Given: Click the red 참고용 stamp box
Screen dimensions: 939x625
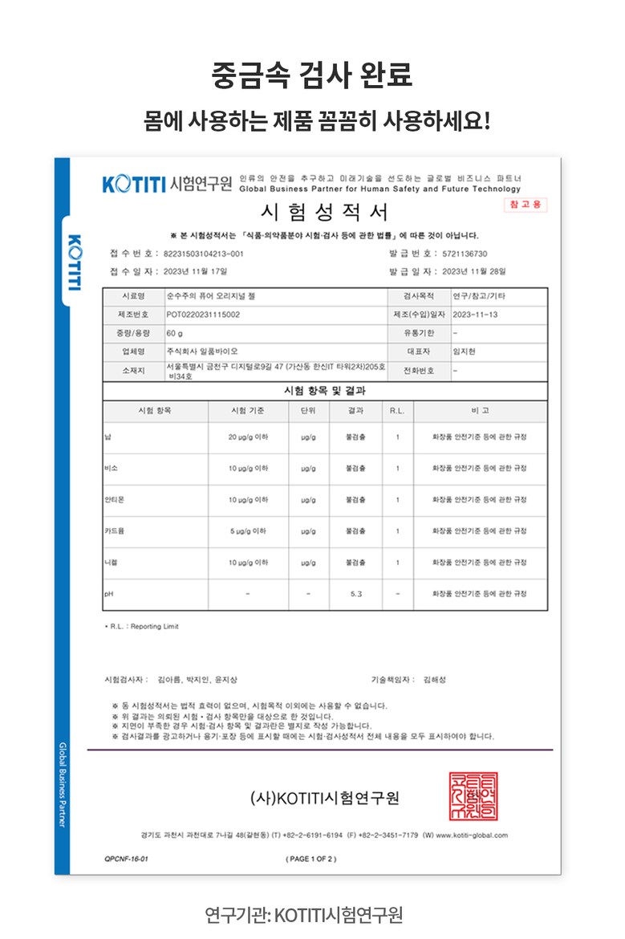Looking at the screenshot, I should pyautogui.click(x=525, y=205).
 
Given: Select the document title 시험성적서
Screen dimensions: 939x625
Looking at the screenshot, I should pyautogui.click(x=325, y=213).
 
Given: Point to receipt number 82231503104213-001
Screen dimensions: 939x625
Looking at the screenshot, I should pyautogui.click(x=204, y=254).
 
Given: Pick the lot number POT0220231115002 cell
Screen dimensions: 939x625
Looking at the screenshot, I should pyautogui.click(x=203, y=315).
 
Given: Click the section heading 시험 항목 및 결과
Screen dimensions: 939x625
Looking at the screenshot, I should pyautogui.click(x=325, y=392).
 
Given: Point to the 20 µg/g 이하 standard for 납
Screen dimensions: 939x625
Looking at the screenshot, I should pyautogui.click(x=248, y=437).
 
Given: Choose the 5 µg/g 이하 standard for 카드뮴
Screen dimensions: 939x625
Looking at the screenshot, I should pyautogui.click(x=248, y=531).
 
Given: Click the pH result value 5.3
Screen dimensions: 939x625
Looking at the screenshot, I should pyautogui.click(x=356, y=594).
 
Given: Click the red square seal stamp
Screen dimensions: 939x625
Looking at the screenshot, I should pyautogui.click(x=473, y=796).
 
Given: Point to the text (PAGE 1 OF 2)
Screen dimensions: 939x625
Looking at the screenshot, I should pyautogui.click(x=311, y=859).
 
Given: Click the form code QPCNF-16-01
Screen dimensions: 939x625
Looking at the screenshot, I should pyautogui.click(x=126, y=859).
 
